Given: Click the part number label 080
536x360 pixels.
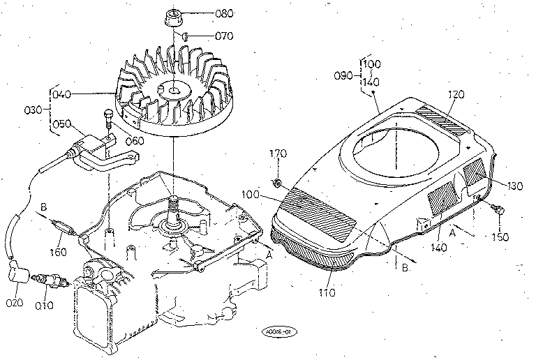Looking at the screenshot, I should point(204,13).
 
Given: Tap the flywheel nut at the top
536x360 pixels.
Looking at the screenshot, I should point(173,16).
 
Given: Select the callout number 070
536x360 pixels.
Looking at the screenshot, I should point(204,36).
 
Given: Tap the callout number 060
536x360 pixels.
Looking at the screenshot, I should point(134,140).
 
